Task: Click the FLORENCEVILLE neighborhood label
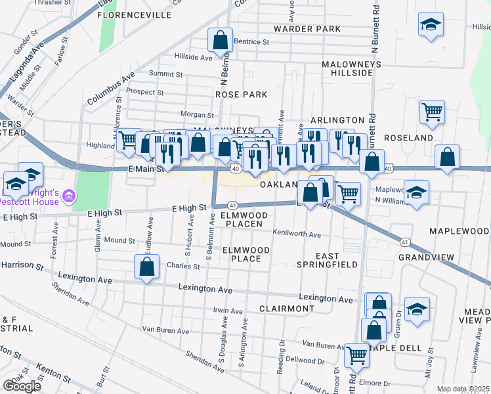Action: point(129,13)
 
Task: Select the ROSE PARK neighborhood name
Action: point(242,95)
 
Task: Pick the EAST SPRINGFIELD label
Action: point(326,260)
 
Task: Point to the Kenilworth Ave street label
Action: point(297,234)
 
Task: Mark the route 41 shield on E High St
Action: point(232,206)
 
